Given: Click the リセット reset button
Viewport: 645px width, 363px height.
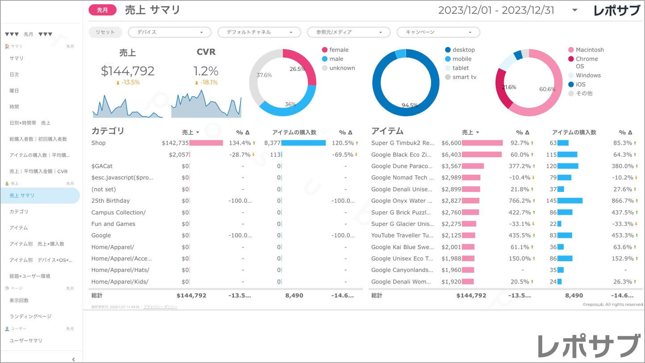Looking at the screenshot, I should (x=105, y=32).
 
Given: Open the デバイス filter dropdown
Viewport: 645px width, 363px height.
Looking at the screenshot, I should (x=170, y=32).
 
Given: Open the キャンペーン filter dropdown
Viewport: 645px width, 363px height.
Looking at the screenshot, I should (x=438, y=32).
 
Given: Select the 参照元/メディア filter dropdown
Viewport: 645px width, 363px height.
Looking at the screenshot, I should (x=349, y=32).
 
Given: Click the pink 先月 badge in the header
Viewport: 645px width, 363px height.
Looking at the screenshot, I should (x=102, y=10).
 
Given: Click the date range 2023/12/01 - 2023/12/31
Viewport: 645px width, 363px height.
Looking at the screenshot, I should (x=496, y=10).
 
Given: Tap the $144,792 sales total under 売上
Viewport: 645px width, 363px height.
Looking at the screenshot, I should (x=128, y=71).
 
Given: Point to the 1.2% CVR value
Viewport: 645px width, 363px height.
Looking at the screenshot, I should (x=206, y=71).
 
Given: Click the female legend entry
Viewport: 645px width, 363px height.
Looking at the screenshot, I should (x=338, y=50).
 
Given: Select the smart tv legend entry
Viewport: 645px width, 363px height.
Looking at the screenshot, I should (x=464, y=77).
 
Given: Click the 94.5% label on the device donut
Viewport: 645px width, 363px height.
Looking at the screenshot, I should (x=409, y=105).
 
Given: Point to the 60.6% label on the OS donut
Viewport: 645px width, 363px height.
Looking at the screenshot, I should (x=547, y=89).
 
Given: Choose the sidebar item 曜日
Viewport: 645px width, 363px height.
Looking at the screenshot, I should (x=14, y=91).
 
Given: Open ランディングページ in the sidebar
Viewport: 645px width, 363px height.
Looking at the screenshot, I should (x=30, y=317).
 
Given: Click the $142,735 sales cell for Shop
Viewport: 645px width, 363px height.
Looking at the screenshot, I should (x=175, y=143).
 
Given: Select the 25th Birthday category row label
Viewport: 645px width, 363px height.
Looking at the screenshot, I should (x=111, y=201).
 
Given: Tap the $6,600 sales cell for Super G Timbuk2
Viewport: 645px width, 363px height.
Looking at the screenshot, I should (x=451, y=143).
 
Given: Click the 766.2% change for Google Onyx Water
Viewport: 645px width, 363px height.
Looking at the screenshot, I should (x=519, y=201).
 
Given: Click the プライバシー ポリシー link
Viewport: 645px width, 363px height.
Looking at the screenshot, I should (x=160, y=307).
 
